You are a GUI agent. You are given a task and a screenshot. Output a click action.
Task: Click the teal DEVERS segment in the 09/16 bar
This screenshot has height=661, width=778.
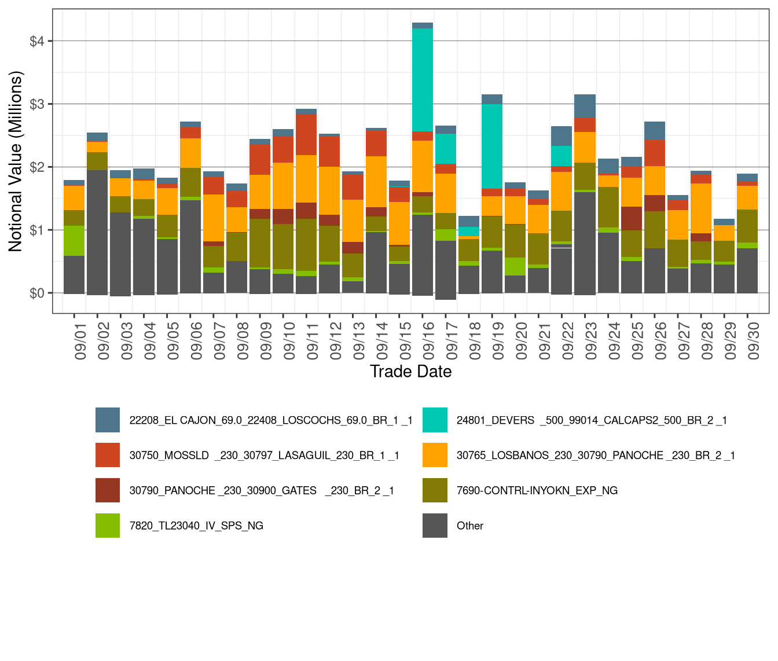coord(423,80)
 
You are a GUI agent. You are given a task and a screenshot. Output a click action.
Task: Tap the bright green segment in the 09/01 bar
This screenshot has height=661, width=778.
coord(74,241)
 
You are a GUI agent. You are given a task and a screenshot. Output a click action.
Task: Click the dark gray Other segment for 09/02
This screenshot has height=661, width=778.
coord(97,232)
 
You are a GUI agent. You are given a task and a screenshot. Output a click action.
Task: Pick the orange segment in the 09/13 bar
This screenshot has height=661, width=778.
coord(353,221)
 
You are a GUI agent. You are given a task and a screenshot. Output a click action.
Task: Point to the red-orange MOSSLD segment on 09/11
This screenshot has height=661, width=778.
coord(306,134)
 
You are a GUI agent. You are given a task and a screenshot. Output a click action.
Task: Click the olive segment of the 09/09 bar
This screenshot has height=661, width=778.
coord(260,243)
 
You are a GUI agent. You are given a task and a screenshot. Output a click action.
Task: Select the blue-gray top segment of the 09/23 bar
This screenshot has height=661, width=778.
coord(585,106)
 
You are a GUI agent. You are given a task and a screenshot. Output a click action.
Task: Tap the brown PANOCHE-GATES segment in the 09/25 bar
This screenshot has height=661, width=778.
coord(632,218)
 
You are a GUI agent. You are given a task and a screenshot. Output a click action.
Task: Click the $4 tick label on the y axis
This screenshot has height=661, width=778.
coord(37,41)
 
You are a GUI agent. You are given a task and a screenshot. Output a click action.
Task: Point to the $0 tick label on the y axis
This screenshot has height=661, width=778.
coord(37,293)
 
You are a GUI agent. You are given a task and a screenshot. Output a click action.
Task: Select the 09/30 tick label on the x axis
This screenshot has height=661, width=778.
coord(753,341)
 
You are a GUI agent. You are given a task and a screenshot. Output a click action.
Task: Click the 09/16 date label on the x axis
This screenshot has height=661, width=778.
coord(428,341)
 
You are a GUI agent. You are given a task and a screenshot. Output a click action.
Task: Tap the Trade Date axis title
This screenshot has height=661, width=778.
coord(410,372)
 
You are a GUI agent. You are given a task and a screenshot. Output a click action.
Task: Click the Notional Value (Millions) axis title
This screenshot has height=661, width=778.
coord(16,161)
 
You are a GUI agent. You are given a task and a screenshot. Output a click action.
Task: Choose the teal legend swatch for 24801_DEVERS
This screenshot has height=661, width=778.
coord(435,420)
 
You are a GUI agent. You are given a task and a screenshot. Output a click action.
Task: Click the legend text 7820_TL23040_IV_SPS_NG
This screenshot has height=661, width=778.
coord(196,526)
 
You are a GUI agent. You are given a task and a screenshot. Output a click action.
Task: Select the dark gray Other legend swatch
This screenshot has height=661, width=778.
coord(435,526)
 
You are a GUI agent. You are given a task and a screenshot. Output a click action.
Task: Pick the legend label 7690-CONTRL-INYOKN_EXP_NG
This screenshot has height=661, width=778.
coord(537,491)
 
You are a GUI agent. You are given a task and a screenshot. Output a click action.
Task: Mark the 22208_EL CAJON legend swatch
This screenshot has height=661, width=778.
coord(108,420)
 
